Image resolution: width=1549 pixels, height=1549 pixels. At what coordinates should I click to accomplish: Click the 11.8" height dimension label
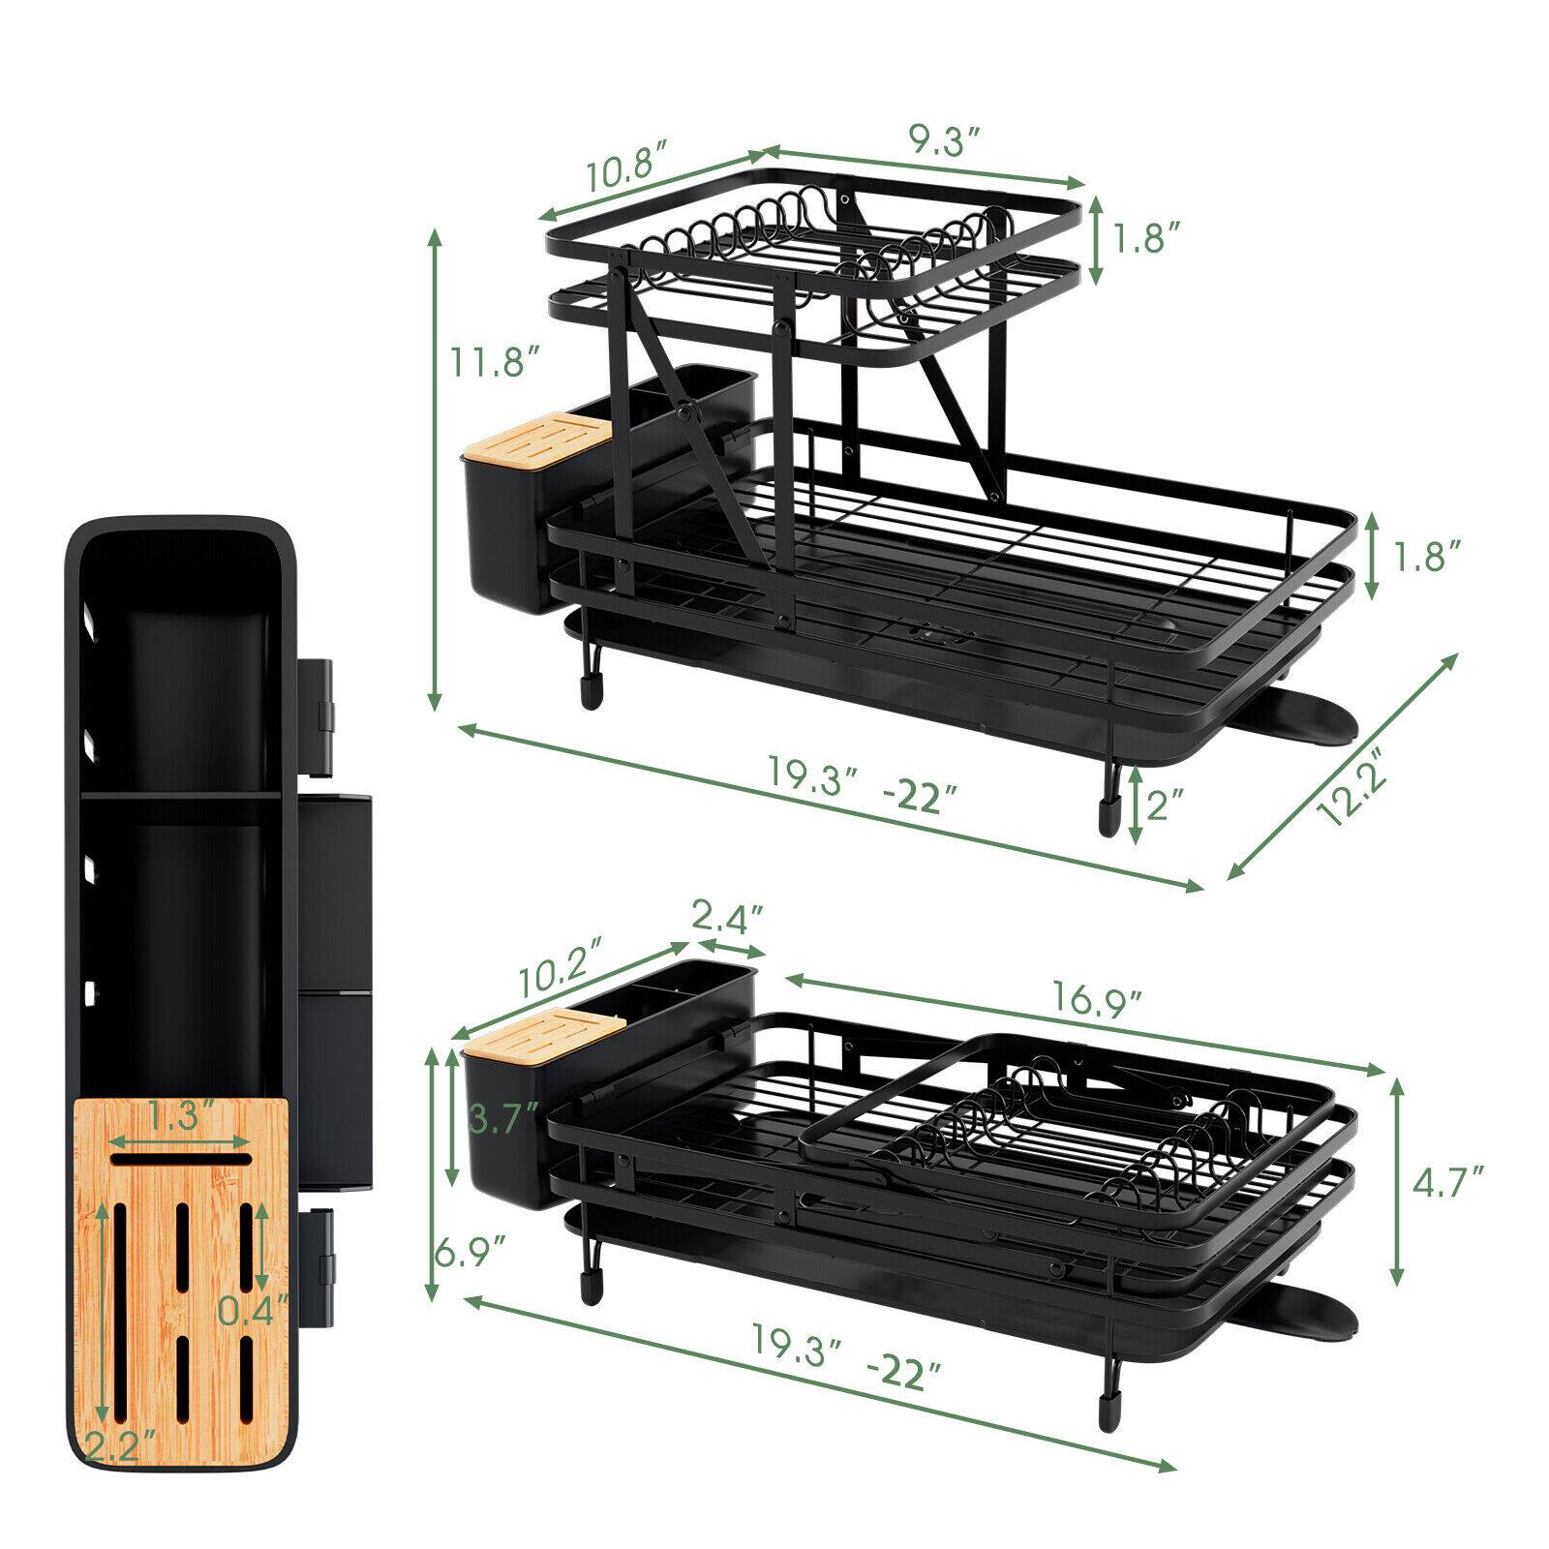click(493, 363)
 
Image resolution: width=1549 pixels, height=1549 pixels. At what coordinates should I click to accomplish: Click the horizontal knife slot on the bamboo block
click(180, 1158)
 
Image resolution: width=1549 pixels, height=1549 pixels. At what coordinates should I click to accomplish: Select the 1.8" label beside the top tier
click(1145, 239)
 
